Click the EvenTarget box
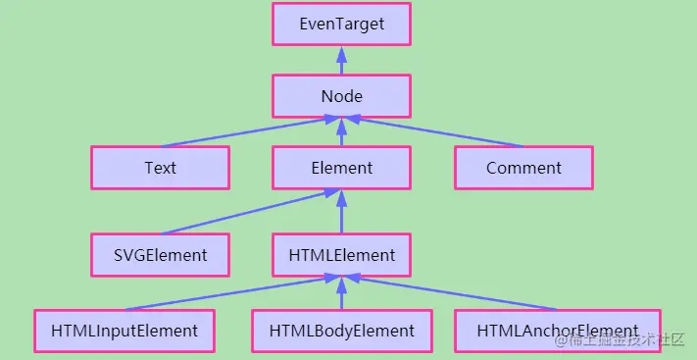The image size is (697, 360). click(341, 24)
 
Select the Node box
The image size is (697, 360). click(341, 96)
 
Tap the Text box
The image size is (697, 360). click(161, 168)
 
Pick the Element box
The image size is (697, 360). click(341, 168)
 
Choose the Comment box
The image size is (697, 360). click(524, 168)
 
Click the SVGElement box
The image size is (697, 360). click(161, 255)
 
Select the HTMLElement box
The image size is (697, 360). click(341, 255)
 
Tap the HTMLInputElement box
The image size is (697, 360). click(124, 332)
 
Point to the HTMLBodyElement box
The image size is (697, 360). click(341, 332)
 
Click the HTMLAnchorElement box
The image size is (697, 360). click(558, 332)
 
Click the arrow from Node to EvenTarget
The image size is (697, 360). click(341, 60)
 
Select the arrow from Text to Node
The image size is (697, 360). click(250, 132)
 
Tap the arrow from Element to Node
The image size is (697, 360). click(341, 132)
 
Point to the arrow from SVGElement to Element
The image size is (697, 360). click(250, 211)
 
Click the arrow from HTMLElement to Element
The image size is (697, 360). click(341, 211)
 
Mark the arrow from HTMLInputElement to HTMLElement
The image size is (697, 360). click(232, 292)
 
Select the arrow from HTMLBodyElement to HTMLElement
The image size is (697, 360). click(341, 293)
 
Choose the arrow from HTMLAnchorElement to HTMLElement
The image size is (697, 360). click(450, 292)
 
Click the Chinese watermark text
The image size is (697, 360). click(620, 340)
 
